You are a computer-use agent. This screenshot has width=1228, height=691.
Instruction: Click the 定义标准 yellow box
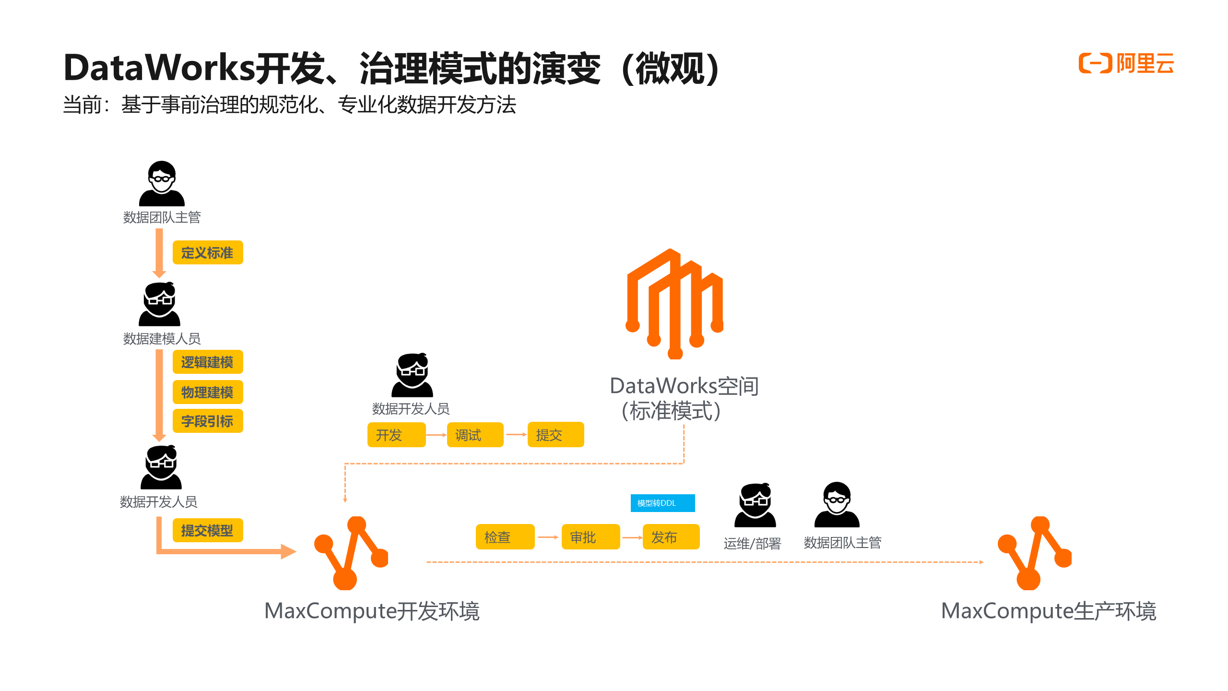point(208,252)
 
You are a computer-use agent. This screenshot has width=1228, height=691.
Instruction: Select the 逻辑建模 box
point(208,362)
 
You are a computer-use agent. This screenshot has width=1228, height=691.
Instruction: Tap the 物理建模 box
point(208,392)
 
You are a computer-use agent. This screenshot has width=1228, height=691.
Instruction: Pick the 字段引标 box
point(208,421)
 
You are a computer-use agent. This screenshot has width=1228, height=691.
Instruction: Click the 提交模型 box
point(208,530)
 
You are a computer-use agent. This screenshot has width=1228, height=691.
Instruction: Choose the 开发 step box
point(396,435)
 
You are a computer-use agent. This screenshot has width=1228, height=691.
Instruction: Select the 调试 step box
point(475,435)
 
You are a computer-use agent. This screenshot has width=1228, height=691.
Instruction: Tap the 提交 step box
point(555,435)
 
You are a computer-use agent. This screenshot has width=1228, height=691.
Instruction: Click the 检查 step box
point(505,536)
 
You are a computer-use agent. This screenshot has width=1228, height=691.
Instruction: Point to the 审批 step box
point(590,536)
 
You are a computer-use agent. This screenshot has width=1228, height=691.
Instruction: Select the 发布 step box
point(671,536)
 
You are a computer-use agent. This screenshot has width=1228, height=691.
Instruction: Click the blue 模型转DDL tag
point(662,503)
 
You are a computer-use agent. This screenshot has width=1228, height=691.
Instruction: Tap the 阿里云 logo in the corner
point(1126,63)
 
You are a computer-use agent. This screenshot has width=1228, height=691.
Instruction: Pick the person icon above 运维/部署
point(755,505)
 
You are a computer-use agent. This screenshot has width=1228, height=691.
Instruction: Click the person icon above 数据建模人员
point(160,304)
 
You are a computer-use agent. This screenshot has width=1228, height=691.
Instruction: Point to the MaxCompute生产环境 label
point(1049,611)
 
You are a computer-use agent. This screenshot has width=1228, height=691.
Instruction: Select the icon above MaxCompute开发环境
point(351,553)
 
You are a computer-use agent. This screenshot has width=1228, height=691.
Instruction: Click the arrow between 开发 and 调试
point(436,435)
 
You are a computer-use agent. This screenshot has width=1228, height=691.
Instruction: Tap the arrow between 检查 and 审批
point(548,537)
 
